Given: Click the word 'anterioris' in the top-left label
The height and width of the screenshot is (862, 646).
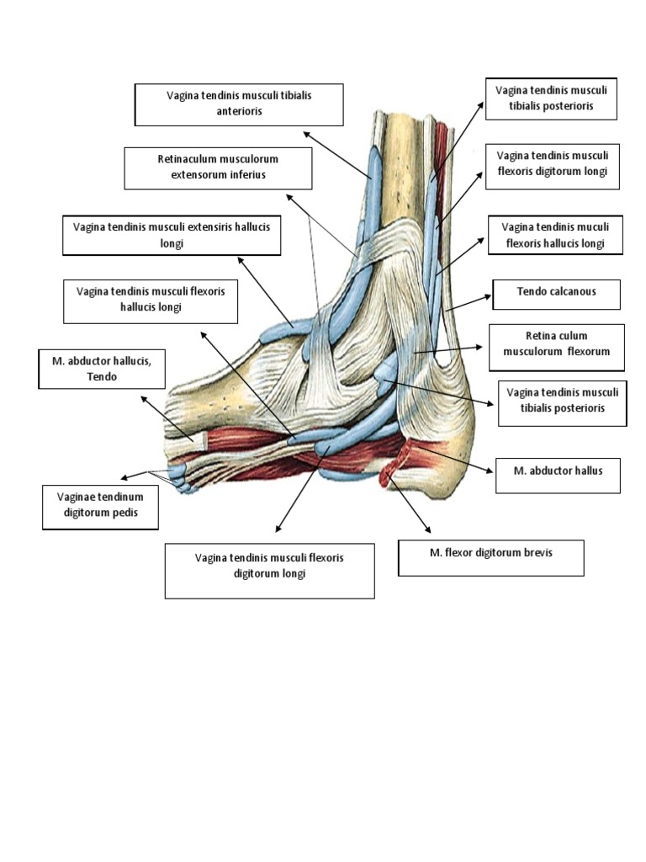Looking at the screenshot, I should (x=238, y=111).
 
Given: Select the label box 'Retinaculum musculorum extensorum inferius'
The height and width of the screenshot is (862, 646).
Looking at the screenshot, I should (x=218, y=168).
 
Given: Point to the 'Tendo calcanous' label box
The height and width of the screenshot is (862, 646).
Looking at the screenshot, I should (x=556, y=294).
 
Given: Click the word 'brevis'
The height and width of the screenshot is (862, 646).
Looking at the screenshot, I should (x=537, y=553).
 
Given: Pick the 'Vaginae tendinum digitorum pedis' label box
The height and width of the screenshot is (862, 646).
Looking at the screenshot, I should (x=100, y=505).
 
